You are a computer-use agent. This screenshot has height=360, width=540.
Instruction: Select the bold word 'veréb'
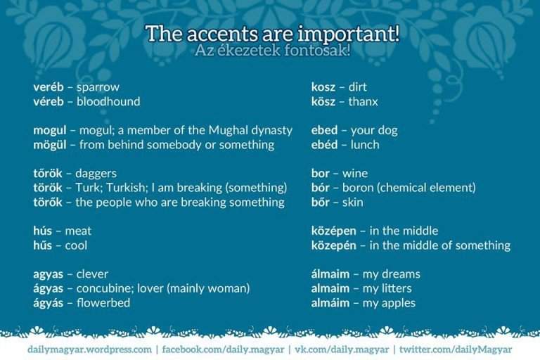(48, 87)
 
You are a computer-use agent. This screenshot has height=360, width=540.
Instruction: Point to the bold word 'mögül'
(50, 145)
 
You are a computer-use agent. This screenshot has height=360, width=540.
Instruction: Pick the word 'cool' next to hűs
(76, 245)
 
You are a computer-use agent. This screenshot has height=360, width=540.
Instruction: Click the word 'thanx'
(363, 101)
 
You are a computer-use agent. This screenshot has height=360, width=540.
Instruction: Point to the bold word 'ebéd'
(325, 145)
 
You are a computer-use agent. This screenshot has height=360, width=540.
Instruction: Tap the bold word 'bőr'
(321, 202)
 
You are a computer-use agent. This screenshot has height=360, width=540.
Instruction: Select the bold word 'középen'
(334, 231)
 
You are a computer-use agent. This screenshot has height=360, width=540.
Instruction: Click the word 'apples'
(399, 303)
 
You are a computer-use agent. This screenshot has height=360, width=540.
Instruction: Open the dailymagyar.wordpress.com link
(89, 349)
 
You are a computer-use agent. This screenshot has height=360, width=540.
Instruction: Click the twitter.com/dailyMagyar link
(456, 349)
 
